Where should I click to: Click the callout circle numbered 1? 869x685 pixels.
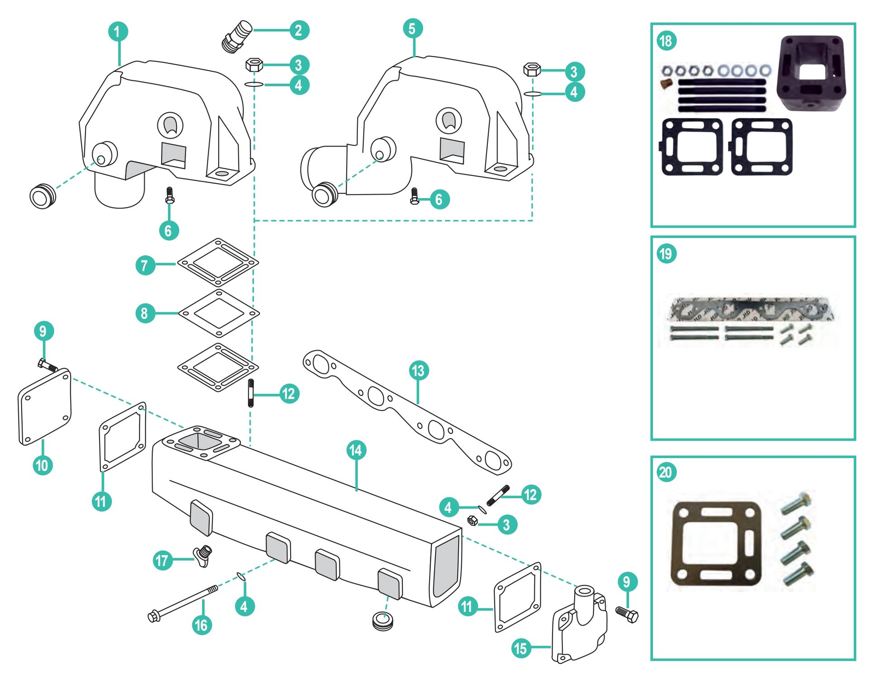click(x=118, y=32)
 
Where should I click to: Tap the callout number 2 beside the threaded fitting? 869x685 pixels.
click(x=299, y=30)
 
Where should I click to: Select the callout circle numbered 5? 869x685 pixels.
click(x=412, y=28)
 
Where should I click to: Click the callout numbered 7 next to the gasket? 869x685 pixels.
click(x=145, y=265)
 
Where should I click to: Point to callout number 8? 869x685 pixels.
click(x=145, y=313)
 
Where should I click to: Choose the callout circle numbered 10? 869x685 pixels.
click(x=43, y=465)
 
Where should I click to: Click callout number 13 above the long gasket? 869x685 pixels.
click(x=418, y=371)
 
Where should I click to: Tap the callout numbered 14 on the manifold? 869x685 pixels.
click(x=356, y=450)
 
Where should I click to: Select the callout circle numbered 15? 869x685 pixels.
click(x=521, y=648)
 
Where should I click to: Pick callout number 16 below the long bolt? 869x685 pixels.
click(x=201, y=625)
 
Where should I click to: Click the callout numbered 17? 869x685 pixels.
click(x=162, y=561)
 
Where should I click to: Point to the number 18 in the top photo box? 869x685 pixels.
click(x=666, y=41)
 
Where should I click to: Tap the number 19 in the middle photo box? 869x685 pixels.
click(x=666, y=254)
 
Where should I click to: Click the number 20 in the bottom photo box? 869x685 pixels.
click(x=666, y=472)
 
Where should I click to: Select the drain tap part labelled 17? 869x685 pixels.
click(x=203, y=555)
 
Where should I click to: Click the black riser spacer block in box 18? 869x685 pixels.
click(x=811, y=73)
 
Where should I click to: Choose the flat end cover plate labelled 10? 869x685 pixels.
click(x=44, y=407)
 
